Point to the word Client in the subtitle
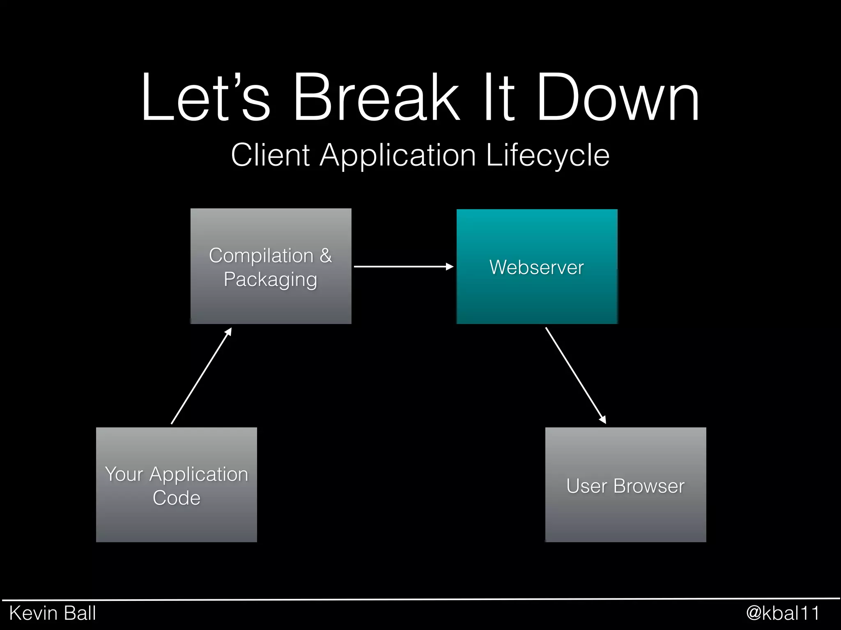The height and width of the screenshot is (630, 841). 270,155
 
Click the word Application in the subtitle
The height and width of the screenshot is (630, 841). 398,155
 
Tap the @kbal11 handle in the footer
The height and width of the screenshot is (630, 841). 782,613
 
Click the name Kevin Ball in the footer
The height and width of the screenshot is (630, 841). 53,613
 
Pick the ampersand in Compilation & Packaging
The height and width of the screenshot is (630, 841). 326,256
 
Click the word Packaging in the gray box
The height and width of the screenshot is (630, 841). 271,280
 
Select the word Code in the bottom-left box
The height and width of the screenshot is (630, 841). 177,498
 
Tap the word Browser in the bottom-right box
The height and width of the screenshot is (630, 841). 649,486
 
